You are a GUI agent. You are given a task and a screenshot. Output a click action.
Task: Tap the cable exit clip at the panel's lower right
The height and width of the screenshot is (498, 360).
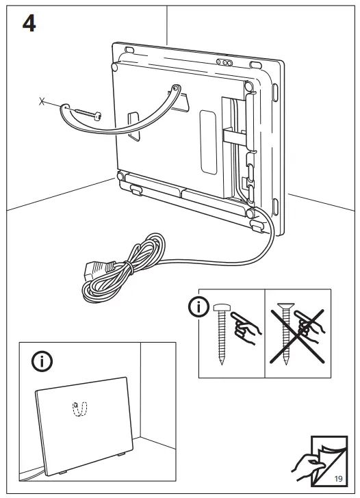point(258,222)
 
